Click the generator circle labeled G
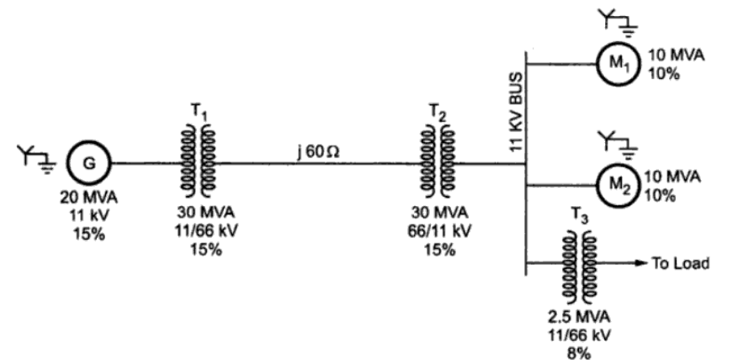pos(88,163)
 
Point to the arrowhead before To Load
pos(640,263)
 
